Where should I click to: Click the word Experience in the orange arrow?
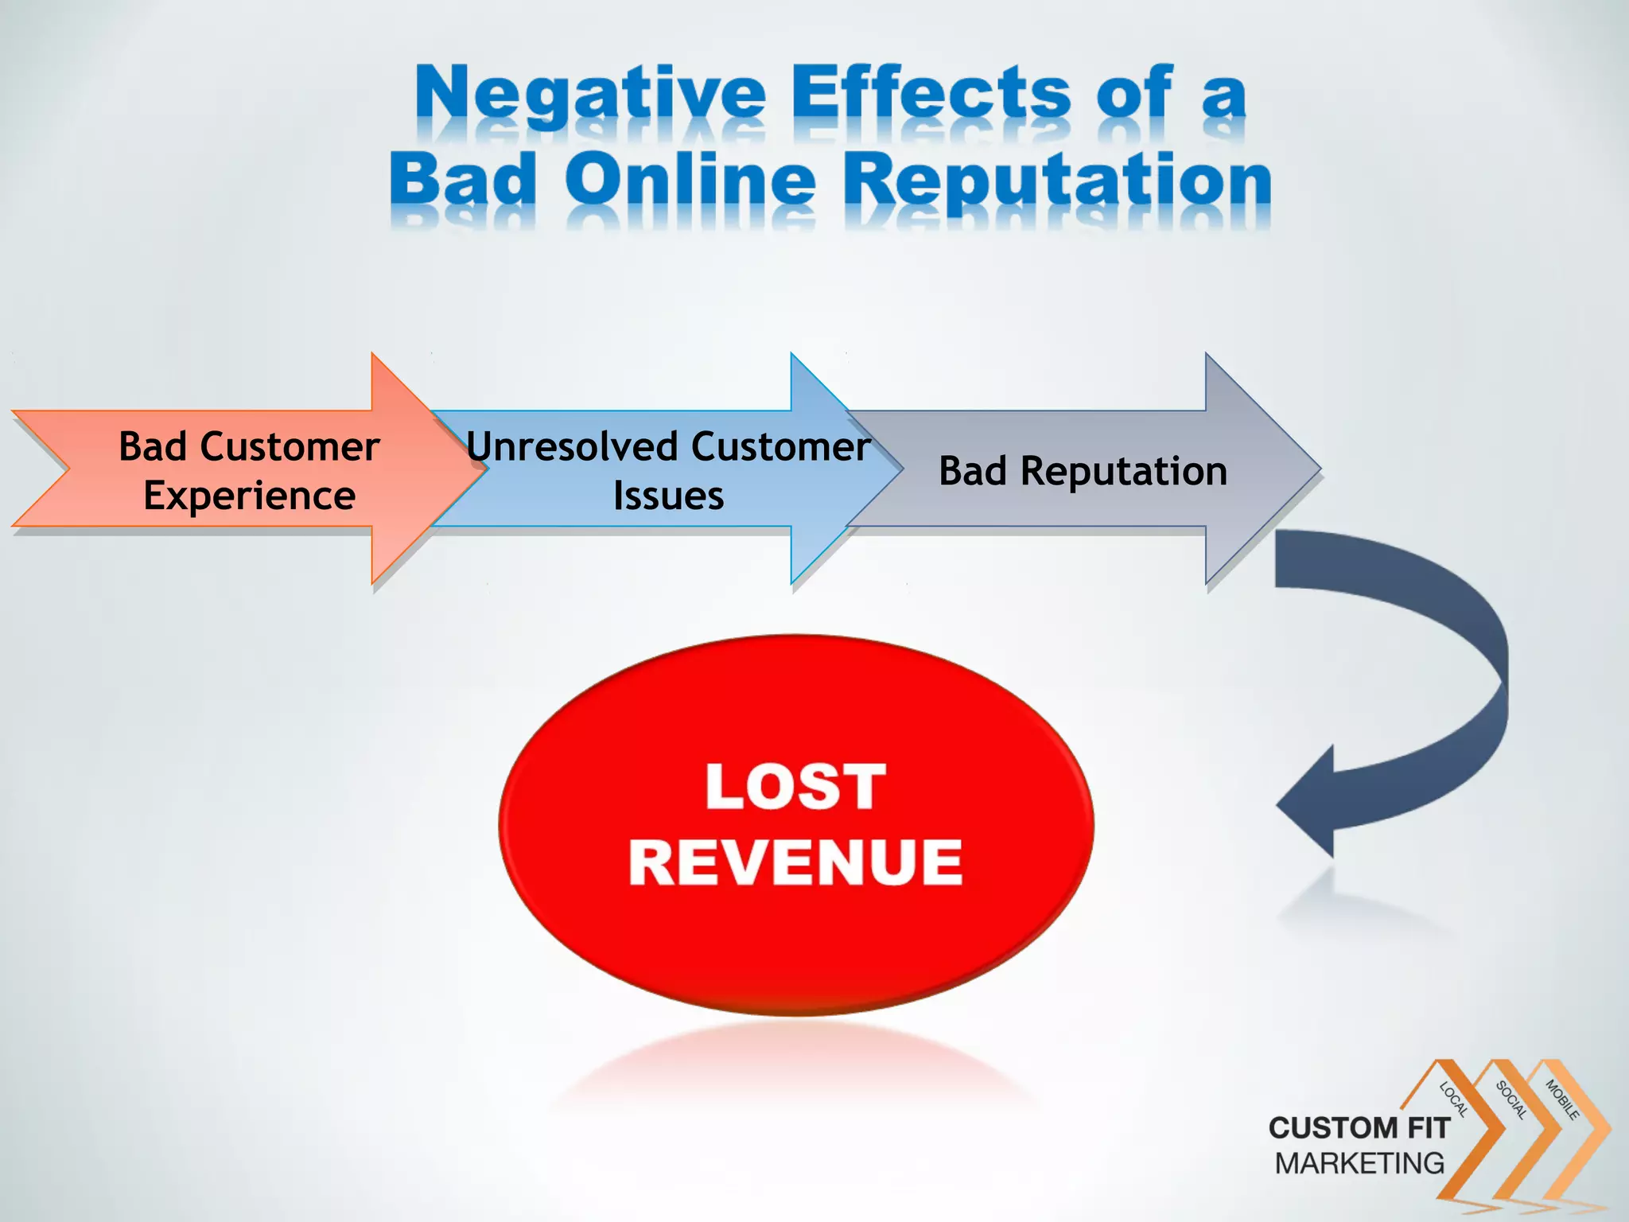(249, 496)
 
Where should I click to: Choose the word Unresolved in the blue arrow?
(570, 446)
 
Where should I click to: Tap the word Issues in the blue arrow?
(668, 496)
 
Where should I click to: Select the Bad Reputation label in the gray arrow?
(1083, 471)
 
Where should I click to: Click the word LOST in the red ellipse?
(795, 787)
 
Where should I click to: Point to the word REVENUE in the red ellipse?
(795, 862)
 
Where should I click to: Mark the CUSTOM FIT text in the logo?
(1359, 1127)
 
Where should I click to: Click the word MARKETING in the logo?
(1359, 1163)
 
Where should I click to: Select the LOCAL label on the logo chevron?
(1454, 1099)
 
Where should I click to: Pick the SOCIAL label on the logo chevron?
(1510, 1099)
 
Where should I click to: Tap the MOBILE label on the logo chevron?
(1561, 1099)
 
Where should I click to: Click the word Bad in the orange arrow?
(152, 446)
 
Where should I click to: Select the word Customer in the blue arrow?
(780, 446)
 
